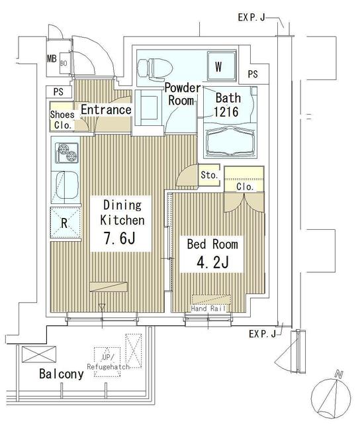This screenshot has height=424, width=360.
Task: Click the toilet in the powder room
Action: click(154, 66)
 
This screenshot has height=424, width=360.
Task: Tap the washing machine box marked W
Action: click(217, 66)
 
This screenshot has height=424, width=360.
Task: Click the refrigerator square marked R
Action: click(64, 223)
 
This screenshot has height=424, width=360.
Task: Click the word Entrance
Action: click(105, 109)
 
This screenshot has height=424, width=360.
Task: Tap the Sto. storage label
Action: click(209, 175)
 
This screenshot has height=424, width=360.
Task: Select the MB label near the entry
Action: click(52, 59)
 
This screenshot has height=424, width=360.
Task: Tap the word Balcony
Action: click(60, 374)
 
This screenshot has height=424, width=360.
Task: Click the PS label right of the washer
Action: click(253, 74)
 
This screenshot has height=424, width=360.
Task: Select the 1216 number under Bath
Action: click(226, 111)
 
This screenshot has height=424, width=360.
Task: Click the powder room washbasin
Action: click(147, 106)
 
